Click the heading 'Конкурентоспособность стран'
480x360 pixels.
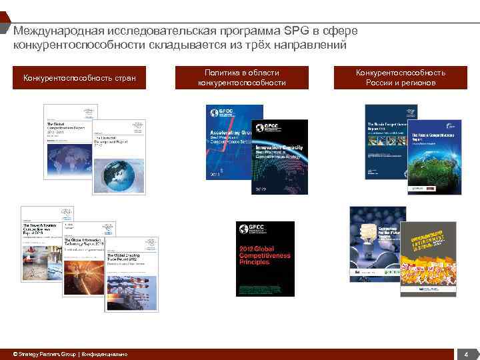[x=79, y=79]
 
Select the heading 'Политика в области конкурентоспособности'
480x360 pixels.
[x=241, y=77]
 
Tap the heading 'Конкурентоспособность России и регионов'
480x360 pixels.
[x=400, y=77]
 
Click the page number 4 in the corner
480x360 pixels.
[x=466, y=354]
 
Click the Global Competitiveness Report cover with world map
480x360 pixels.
[x=64, y=141]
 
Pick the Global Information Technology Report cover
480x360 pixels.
[x=83, y=263]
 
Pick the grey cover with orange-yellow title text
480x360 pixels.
[x=428, y=259]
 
